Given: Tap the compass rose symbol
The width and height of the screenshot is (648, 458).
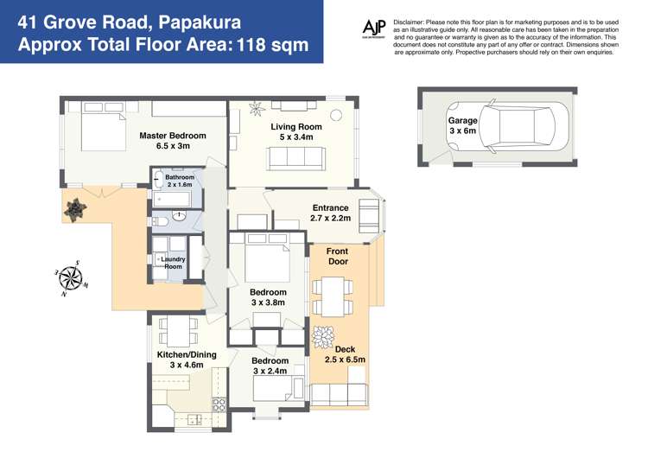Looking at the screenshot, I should tap(71, 277).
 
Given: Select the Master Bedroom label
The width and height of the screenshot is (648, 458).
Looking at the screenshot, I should tap(173, 141).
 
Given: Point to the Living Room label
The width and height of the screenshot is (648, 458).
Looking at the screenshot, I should tap(295, 131).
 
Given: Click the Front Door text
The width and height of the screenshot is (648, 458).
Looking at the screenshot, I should tap(338, 256).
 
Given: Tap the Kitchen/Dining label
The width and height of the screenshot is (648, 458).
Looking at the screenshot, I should tap(186, 359).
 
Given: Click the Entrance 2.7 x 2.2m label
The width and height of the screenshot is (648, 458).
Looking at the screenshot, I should tap(330, 213).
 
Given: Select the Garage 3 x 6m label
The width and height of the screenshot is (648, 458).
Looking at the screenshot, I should tap(462, 126).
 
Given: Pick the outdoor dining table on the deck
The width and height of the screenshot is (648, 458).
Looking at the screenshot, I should tap(331, 296).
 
